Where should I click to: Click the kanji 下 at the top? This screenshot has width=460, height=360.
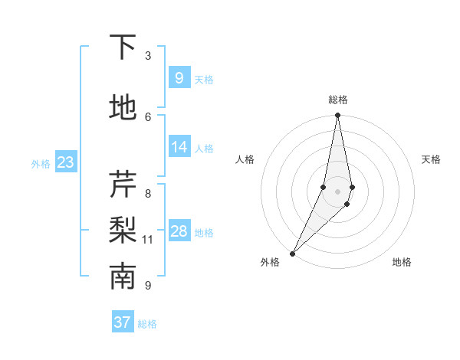point(123,47)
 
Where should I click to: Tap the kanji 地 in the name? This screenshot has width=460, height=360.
point(123,107)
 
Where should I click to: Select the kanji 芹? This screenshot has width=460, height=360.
point(123,185)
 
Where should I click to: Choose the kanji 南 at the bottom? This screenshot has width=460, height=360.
point(123,277)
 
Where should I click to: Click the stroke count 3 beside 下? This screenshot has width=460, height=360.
point(148,56)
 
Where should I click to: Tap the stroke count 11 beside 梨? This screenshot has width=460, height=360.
point(148,240)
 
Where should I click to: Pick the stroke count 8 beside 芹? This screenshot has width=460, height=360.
point(148,193)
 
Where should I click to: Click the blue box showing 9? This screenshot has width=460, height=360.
point(179,78)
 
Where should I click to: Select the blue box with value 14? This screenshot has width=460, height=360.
point(179,147)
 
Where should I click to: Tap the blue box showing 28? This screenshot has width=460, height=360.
point(179,231)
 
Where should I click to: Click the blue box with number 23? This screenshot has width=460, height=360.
point(65,162)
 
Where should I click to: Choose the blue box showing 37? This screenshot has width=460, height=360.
point(123,322)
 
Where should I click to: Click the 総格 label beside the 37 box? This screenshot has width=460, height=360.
point(148,324)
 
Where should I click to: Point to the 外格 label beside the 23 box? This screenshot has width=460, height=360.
point(41,164)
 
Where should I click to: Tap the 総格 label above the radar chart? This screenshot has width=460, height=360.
point(337,100)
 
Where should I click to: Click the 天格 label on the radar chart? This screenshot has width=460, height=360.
point(431,159)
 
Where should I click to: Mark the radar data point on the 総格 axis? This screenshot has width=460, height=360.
point(337,116)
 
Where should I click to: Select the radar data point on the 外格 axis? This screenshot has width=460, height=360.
point(292,253)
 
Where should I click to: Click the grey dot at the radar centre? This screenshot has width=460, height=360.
point(337,191)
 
